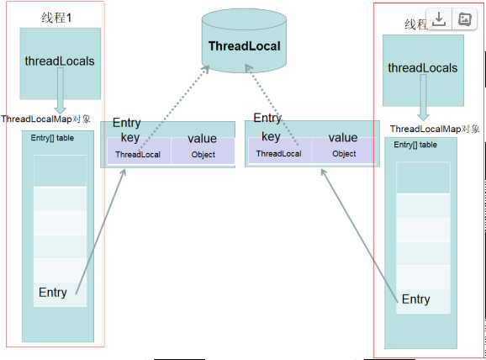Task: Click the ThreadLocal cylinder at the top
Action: click(243, 46)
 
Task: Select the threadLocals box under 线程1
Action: click(60, 61)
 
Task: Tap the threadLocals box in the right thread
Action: click(423, 67)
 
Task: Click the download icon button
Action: click(440, 19)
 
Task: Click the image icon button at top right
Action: click(463, 19)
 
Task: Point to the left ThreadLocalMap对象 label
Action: click(46, 119)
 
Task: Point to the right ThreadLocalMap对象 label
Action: click(435, 129)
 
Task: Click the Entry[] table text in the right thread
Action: click(416, 145)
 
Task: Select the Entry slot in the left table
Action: click(53, 292)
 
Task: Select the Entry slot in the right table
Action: click(416, 299)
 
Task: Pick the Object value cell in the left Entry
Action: click(203, 155)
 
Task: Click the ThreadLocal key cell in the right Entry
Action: click(278, 154)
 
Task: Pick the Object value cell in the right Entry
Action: click(344, 154)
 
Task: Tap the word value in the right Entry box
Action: click(343, 137)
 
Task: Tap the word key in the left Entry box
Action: click(129, 138)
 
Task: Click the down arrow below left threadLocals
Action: click(61, 93)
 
